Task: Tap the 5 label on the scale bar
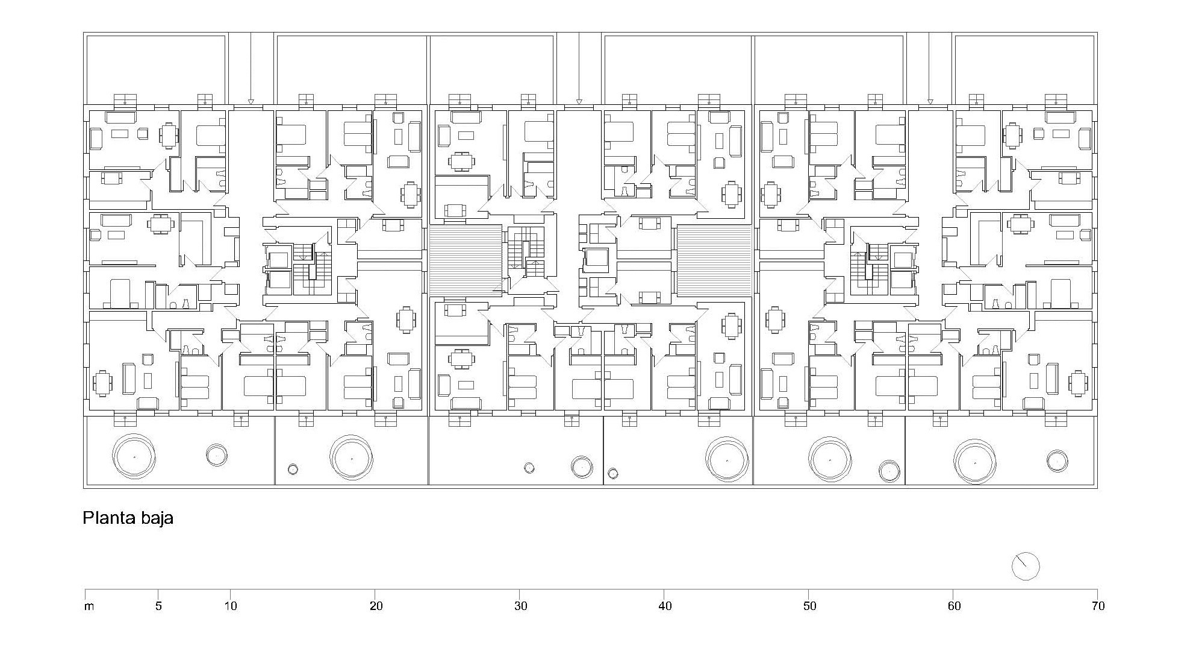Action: (x=158, y=606)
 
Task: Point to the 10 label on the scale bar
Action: (x=231, y=606)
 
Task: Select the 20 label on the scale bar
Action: (x=376, y=606)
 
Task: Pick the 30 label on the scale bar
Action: (x=520, y=606)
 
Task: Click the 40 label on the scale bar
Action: (x=665, y=606)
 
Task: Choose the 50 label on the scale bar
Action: (x=809, y=606)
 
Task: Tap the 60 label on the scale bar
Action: (x=954, y=606)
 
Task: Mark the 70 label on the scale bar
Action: (x=1098, y=606)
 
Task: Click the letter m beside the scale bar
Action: (x=89, y=606)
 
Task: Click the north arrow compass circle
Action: (x=1026, y=566)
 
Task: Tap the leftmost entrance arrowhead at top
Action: (x=251, y=101)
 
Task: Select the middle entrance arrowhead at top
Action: (x=579, y=101)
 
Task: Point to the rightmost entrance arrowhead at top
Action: (x=930, y=101)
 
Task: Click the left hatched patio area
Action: (x=466, y=260)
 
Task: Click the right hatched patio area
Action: (x=715, y=260)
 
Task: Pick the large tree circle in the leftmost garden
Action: (x=134, y=456)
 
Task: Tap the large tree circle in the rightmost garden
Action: (x=975, y=462)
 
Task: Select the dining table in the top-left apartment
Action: (x=169, y=136)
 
